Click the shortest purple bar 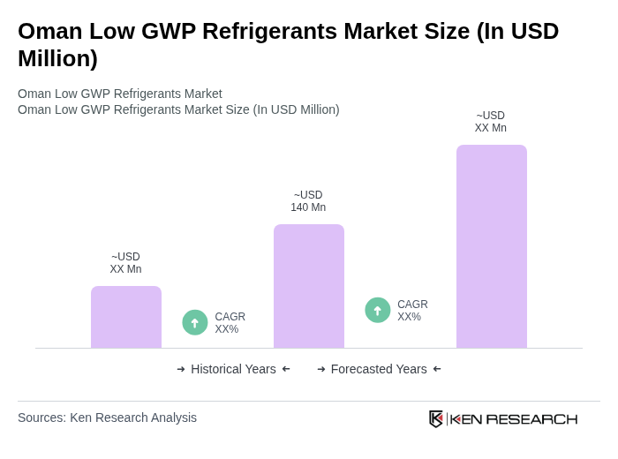point(126,317)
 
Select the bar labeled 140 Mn point(308,286)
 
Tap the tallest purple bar point(491,246)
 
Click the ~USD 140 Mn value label point(308,201)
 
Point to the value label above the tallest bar point(491,122)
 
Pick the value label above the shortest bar point(125,263)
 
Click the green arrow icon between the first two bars point(195,322)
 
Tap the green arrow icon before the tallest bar point(378,310)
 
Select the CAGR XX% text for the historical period point(230,323)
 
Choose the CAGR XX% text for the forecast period point(412,311)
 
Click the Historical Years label point(233,369)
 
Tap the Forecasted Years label point(379,369)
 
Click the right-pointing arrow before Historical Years point(181,369)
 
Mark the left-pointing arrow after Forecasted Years point(437,369)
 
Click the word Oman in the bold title point(50,31)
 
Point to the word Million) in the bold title point(57,58)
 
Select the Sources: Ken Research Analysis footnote point(107,418)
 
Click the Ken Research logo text point(514,418)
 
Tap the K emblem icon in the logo point(436,418)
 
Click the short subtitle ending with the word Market point(120,94)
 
